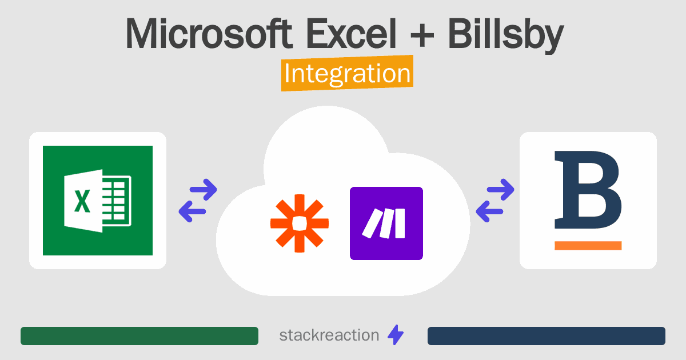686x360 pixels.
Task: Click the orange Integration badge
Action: (347, 75)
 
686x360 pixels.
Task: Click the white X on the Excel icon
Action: (83, 201)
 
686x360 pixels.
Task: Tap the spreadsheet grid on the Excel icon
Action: (117, 201)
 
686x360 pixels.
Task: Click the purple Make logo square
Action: (386, 223)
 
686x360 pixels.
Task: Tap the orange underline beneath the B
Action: (588, 246)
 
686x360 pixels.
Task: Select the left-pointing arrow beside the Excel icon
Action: (193, 212)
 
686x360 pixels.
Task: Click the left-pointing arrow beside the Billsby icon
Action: (490, 212)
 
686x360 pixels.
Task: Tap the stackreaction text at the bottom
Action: (329, 335)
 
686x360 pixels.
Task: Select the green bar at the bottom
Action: (139, 336)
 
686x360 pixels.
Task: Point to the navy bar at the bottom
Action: (547, 336)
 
